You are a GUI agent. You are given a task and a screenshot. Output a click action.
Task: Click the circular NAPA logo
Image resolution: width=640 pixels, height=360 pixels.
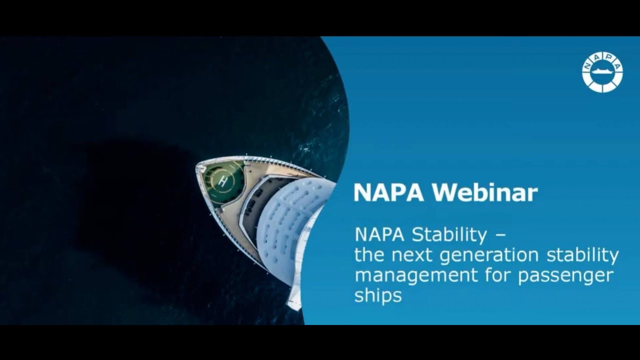click(x=602, y=72)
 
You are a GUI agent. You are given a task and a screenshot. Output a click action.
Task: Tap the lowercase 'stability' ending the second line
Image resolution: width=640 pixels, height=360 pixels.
click(x=582, y=255)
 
